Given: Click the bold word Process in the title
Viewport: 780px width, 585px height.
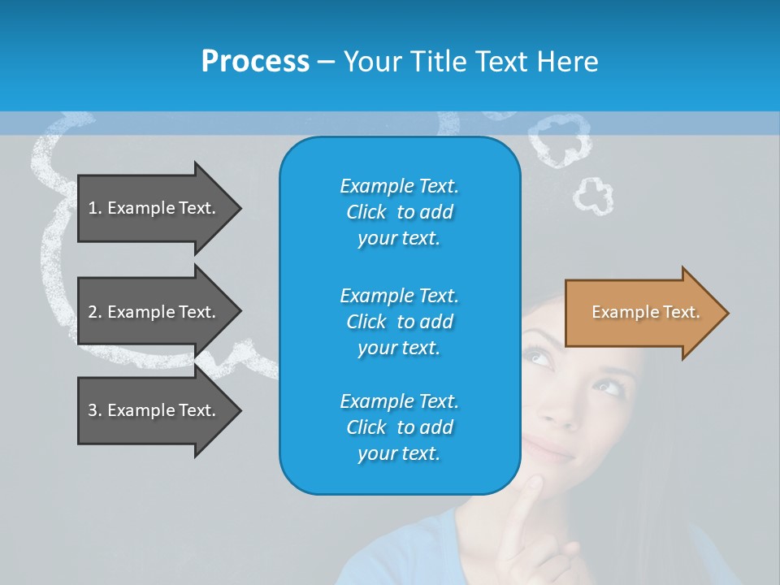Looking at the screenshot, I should coord(255,62).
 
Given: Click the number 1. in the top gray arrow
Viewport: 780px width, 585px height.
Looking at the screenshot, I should coord(94,208).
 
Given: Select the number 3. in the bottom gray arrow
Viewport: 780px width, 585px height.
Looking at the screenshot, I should coord(94,410).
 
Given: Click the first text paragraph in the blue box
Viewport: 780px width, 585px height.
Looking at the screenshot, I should coord(399,212).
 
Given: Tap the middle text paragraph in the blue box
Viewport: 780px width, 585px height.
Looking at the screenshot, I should coord(399,321).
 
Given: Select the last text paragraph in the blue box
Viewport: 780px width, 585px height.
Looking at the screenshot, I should coord(399,427).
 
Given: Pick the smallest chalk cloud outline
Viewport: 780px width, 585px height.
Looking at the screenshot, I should coord(593,196).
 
